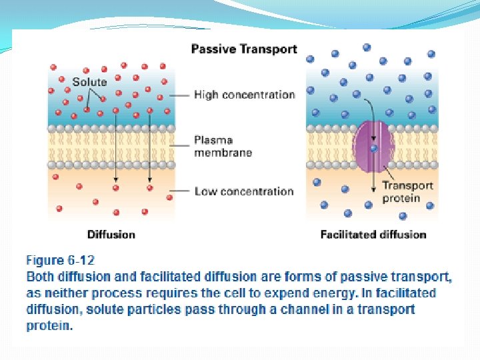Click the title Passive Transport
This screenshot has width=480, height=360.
coord(244,49)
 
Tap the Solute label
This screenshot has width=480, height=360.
coord(89,82)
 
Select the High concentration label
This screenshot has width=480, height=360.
coord(244,95)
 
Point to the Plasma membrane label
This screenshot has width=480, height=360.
coord(223,146)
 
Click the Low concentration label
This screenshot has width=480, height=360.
coord(244,191)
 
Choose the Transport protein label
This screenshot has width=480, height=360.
coord(407,191)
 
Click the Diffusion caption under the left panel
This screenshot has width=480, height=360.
coord(111,234)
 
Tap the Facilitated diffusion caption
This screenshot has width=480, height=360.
coord(373,234)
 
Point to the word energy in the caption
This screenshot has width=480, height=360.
coord(412,293)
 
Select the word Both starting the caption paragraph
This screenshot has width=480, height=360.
coord(41,276)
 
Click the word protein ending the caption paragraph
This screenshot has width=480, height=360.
coord(47,326)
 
